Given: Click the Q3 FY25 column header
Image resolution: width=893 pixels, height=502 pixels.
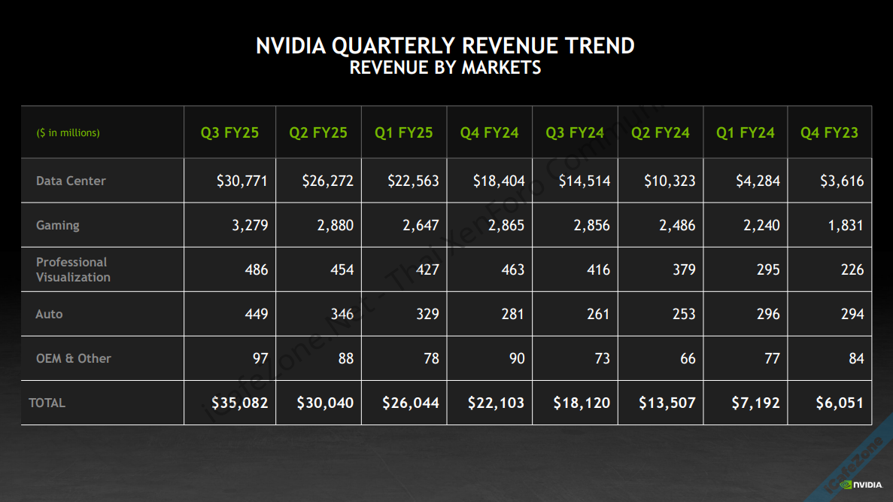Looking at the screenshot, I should (229, 133).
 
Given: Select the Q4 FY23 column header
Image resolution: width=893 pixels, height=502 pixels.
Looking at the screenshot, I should (829, 133).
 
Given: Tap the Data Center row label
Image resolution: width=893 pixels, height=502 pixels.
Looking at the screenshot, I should (71, 181).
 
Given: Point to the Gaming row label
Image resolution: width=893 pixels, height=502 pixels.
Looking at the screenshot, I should (57, 225).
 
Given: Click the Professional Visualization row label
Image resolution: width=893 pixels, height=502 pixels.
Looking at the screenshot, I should (73, 269).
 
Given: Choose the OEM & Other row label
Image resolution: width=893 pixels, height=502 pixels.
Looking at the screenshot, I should (73, 358).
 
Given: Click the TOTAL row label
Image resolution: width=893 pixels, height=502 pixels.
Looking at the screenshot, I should (47, 403).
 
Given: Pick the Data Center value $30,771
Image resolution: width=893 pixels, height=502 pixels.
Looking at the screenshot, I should (241, 181).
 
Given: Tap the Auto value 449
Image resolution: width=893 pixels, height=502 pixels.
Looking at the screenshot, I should (257, 314).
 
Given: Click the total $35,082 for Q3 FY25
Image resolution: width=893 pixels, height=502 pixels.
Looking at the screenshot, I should (239, 403).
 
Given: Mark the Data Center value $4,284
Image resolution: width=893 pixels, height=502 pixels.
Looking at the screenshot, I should (758, 181).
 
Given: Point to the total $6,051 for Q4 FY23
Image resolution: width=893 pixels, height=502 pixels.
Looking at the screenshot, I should (840, 403).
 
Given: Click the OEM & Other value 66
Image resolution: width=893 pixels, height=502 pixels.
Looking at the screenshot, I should (688, 358).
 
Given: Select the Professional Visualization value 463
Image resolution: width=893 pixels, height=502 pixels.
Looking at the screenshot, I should (513, 269).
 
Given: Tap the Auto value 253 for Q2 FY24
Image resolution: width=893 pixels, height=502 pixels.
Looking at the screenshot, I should (684, 314).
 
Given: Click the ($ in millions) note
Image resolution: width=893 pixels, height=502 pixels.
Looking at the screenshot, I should (68, 133).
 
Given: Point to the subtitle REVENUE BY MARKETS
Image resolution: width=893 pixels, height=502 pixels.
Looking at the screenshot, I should (445, 68).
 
